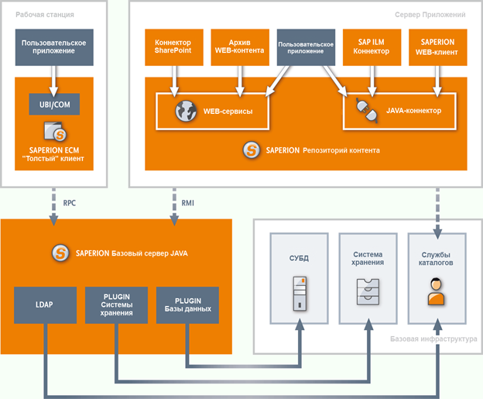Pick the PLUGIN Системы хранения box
(116, 304)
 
